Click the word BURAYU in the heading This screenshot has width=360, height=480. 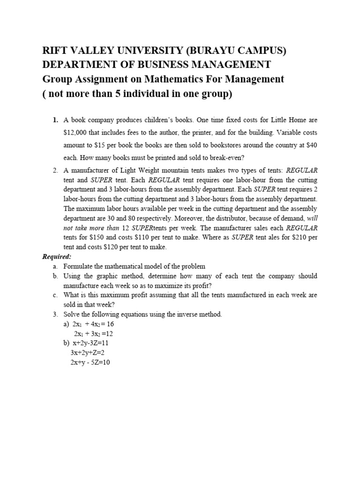199,51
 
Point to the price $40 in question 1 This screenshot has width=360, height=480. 311,145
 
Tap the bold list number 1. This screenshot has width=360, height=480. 55,120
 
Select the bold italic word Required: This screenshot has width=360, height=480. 57,256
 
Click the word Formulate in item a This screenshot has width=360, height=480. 78,266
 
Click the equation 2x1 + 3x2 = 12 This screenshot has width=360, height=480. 93,334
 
